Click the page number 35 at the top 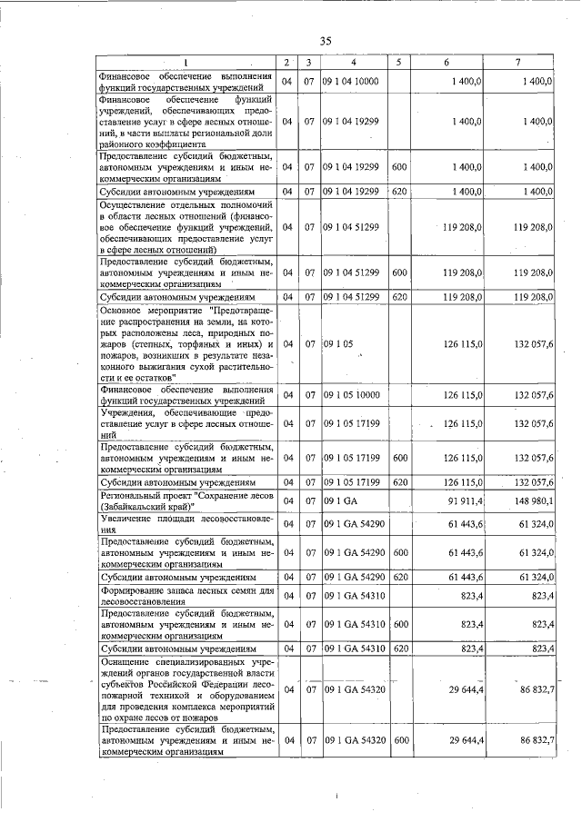click(x=327, y=40)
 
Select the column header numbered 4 click(x=352, y=62)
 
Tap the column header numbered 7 click(x=517, y=62)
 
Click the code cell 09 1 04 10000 click(x=350, y=82)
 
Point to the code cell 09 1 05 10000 click(x=350, y=394)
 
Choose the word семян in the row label click(x=227, y=590)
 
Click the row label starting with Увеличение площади click(x=186, y=524)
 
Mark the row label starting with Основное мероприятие click(x=186, y=343)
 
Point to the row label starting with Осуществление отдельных click(x=186, y=227)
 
